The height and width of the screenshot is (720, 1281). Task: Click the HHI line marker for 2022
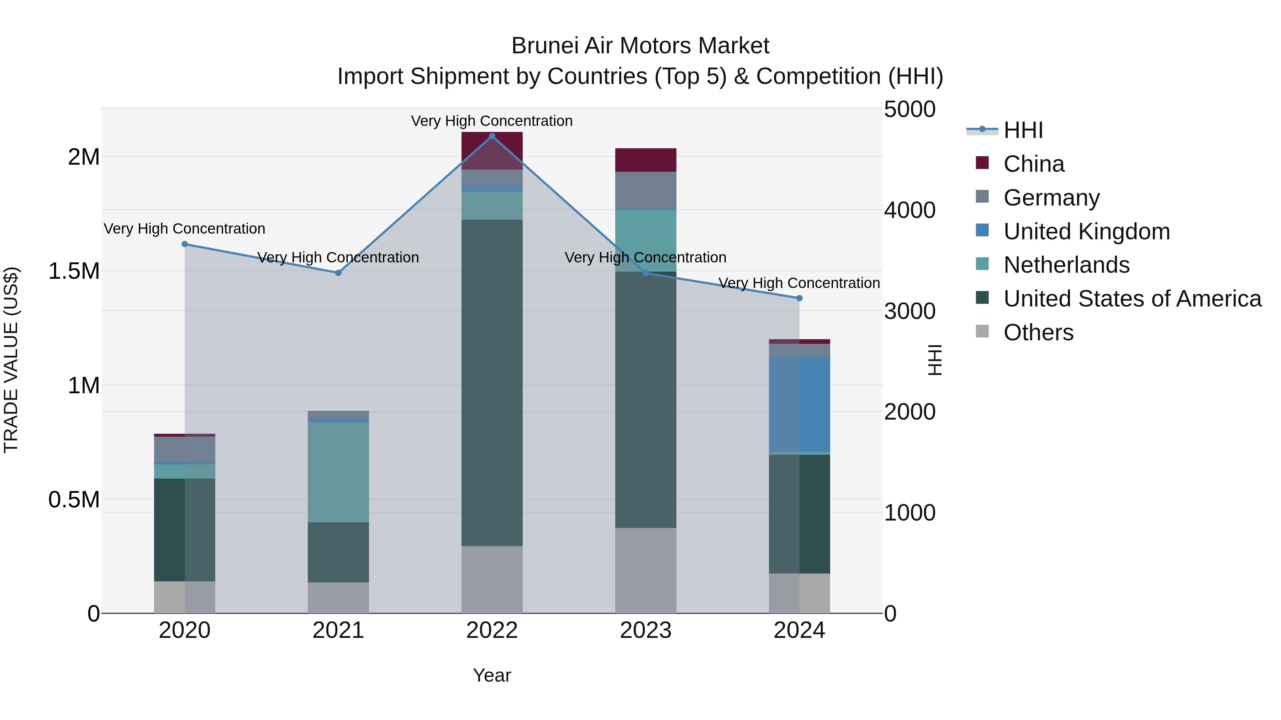[x=492, y=136]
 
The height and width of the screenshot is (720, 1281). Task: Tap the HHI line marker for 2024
[x=799, y=298]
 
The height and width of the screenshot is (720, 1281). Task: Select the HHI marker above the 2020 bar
[x=184, y=244]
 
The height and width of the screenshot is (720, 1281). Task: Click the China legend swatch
[x=982, y=163]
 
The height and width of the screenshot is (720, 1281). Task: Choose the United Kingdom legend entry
[x=1087, y=231]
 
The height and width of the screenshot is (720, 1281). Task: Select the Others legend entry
[x=1038, y=332]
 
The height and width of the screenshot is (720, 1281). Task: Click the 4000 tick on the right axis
[x=910, y=210]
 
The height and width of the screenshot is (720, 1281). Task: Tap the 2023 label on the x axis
[x=645, y=630]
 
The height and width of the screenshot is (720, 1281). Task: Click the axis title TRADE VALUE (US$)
[x=11, y=360]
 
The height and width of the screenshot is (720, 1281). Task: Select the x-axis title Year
[x=492, y=675]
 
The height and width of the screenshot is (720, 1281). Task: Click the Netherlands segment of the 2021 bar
[x=338, y=472]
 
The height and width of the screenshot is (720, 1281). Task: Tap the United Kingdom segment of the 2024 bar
[x=799, y=404]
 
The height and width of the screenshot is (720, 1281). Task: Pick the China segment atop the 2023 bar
[x=645, y=160]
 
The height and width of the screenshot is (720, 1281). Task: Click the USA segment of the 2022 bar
[x=492, y=383]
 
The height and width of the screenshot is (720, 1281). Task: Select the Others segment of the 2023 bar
[x=645, y=570]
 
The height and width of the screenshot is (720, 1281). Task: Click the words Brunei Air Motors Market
[x=640, y=46]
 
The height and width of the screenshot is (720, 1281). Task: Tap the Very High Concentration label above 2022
[x=491, y=121]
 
